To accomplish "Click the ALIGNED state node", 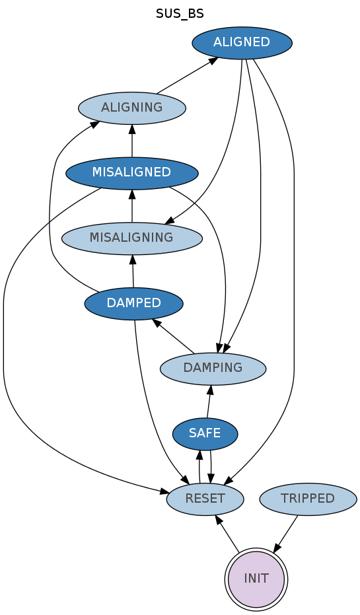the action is click(242, 43).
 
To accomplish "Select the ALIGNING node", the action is click(131, 108).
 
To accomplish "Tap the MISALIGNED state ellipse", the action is click(131, 173).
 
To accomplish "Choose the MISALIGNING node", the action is click(131, 238).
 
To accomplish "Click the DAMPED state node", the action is click(133, 303).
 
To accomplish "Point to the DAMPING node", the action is click(213, 369).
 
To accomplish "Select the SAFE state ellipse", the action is click(205, 433).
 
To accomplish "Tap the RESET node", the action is click(205, 499).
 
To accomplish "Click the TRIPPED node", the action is click(308, 499).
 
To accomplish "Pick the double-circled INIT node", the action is click(256, 579).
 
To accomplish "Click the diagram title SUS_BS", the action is click(180, 14).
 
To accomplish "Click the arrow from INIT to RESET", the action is click(227, 533).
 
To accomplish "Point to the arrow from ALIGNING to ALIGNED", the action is click(188, 75).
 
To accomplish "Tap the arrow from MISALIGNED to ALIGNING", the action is click(132, 141).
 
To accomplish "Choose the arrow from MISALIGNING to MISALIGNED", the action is click(132, 205).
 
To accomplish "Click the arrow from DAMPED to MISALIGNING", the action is click(133, 271).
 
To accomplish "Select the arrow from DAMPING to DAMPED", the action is click(173, 336).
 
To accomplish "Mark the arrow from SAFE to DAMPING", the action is click(209, 401).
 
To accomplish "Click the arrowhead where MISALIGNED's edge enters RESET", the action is click(164, 491).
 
